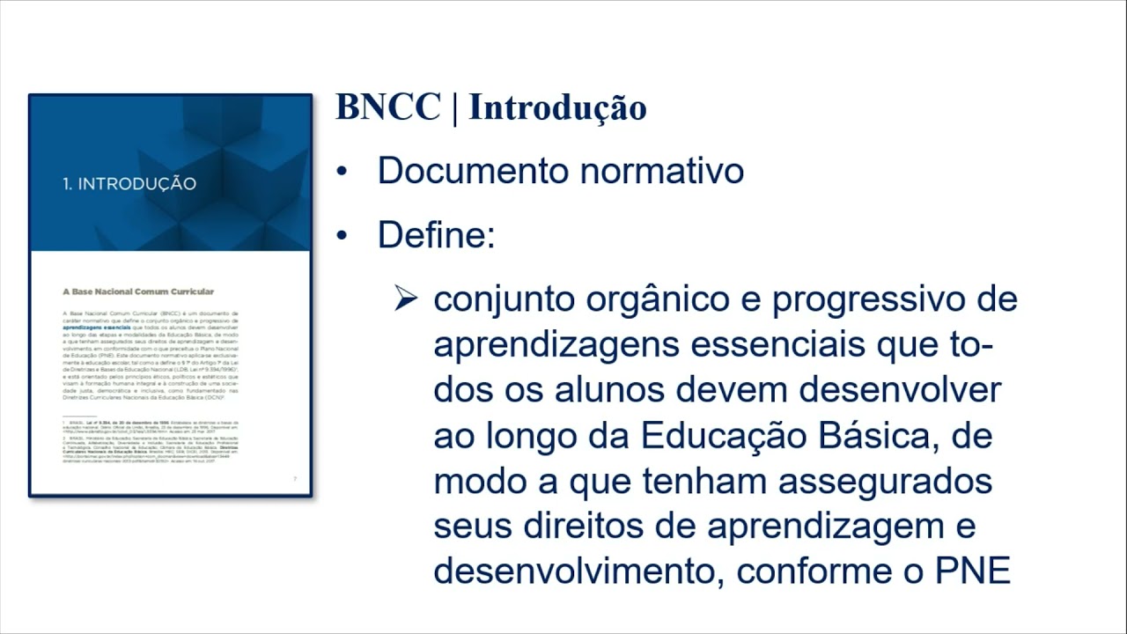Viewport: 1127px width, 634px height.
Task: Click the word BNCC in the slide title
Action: pyautogui.click(x=387, y=107)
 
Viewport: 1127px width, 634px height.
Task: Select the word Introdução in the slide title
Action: pyautogui.click(x=557, y=107)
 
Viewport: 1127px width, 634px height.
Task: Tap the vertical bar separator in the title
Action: pyautogui.click(x=454, y=107)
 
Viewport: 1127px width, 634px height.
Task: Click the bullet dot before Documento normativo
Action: pyautogui.click(x=343, y=172)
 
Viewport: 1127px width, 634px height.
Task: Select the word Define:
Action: pyautogui.click(x=436, y=236)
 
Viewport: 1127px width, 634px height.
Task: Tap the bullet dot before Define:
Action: pyautogui.click(x=343, y=237)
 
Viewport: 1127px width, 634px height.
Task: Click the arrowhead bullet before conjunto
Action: pyautogui.click(x=405, y=299)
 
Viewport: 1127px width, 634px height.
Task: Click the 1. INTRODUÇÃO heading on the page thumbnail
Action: pyautogui.click(x=129, y=184)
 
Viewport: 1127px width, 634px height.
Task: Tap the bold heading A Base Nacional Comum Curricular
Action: pyautogui.click(x=137, y=291)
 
